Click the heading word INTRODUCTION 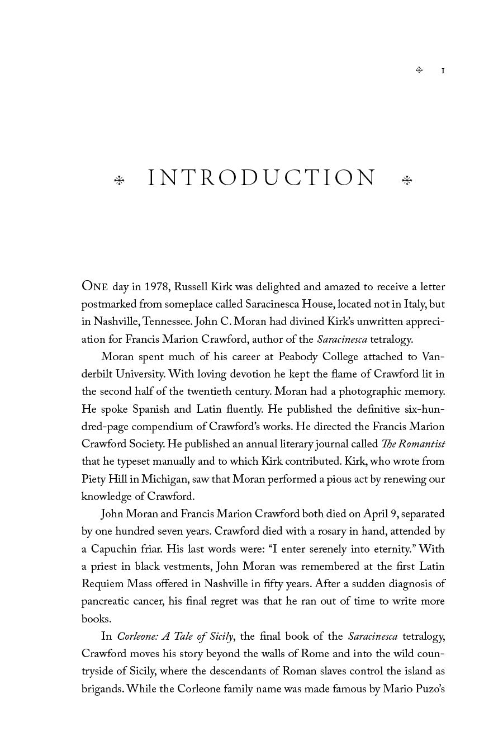tap(262, 178)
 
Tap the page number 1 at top tap(443, 70)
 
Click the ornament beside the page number tap(419, 70)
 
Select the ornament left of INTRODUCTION tap(119, 180)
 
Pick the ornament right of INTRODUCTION tap(407, 180)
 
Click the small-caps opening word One tap(94, 286)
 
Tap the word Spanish tap(150, 409)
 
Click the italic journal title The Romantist tap(413, 444)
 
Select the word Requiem tap(102, 584)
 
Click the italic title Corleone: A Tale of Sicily tap(175, 636)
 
